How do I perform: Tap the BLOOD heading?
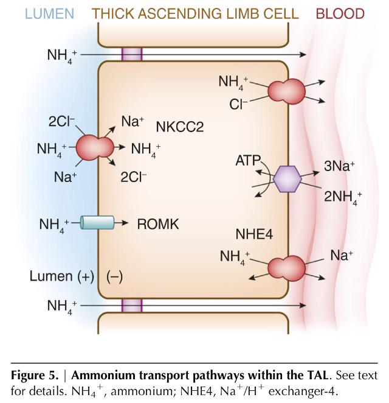tap(340, 13)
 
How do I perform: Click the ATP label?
tap(248, 162)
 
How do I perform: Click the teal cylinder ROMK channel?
tap(97, 223)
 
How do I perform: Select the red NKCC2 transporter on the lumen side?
tap(94, 147)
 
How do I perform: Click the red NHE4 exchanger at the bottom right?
tap(286, 267)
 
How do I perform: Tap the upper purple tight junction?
tap(132, 54)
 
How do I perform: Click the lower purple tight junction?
tap(132, 305)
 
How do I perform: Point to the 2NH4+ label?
tap(342, 197)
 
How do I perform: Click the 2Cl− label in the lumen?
tap(61, 122)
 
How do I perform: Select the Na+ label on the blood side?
tap(343, 256)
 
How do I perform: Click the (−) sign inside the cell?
tap(115, 276)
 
